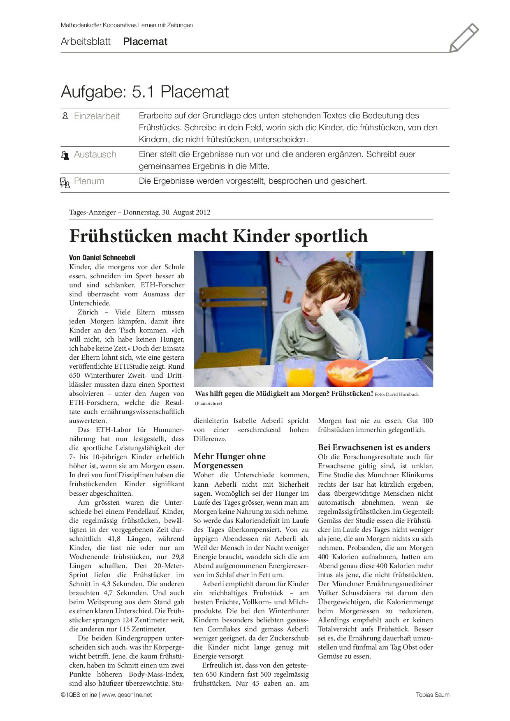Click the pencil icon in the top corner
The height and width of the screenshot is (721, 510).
(x=464, y=38)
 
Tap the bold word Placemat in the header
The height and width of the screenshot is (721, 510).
(x=145, y=42)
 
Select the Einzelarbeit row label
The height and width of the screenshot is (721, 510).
(x=97, y=116)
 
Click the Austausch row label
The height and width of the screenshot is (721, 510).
(x=95, y=155)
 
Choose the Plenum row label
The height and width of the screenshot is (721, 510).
(x=89, y=181)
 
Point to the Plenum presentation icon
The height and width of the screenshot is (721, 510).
(x=65, y=182)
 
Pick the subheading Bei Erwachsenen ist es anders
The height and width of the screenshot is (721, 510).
(x=374, y=447)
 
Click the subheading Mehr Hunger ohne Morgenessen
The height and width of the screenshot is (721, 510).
(x=229, y=461)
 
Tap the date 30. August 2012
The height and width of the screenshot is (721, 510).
(x=186, y=213)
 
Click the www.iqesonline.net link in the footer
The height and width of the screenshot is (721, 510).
(x=127, y=695)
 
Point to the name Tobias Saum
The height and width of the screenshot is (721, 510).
(x=432, y=695)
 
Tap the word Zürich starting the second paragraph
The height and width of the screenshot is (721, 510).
(x=88, y=312)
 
